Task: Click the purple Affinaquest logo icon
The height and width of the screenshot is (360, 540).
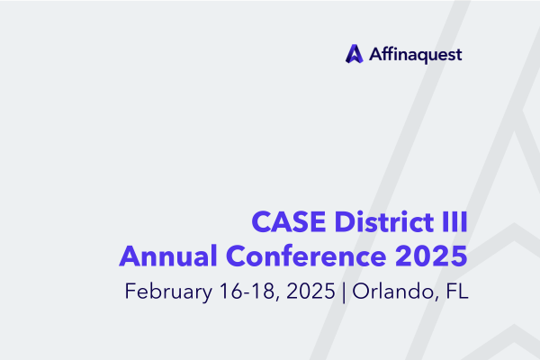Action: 355,54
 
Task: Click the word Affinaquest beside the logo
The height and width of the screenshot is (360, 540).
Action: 415,55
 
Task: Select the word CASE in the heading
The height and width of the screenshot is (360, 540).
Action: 289,222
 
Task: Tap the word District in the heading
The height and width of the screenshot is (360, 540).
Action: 384,221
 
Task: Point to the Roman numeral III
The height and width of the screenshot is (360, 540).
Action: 454,222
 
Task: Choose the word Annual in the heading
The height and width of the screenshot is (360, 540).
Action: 168,256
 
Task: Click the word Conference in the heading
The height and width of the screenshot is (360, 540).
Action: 306,256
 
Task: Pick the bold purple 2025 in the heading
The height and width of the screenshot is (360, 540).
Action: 431,256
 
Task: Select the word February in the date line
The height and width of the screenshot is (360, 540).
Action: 168,292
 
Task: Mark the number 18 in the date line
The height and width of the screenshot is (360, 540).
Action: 263,291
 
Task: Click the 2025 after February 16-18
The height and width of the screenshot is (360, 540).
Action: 310,291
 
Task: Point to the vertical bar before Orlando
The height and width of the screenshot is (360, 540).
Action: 344,292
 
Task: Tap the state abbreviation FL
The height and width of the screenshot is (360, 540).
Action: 457,291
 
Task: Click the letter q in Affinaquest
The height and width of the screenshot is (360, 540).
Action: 420,58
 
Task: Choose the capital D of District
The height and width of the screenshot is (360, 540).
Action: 345,222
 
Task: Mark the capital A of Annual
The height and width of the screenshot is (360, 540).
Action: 130,256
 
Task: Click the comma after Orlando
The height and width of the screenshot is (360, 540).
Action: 438,299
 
